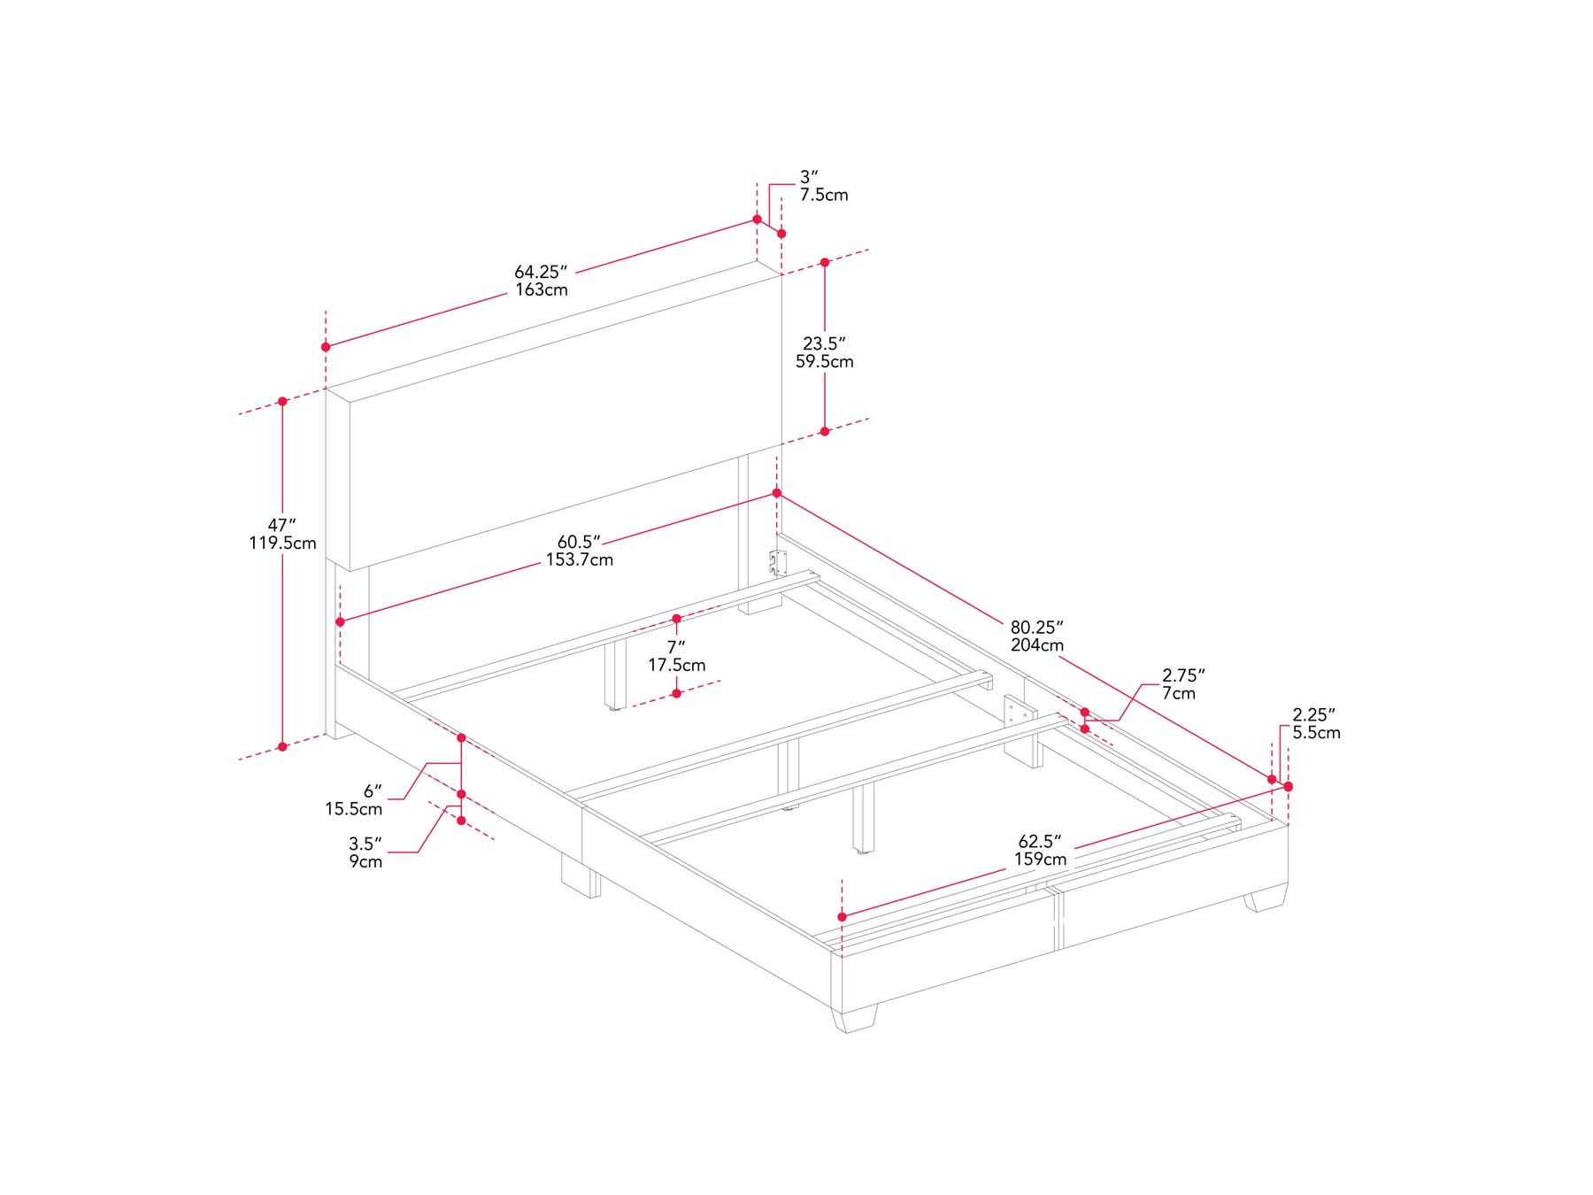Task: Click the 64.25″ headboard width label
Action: tap(541, 272)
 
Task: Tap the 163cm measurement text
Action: tap(542, 290)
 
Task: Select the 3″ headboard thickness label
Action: tap(809, 177)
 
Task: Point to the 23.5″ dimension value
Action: tap(824, 343)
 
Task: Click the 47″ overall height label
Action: tap(282, 526)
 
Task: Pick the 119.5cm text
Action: tap(282, 544)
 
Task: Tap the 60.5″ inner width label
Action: tap(579, 542)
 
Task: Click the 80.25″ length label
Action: tap(1037, 628)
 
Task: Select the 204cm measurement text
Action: tap(1037, 645)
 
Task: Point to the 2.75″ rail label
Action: tap(1183, 675)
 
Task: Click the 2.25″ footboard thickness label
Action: tap(1314, 714)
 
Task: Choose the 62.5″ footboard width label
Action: tap(1040, 841)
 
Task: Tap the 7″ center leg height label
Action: tap(676, 647)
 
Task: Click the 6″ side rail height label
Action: tap(373, 790)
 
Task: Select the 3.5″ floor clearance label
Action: tap(366, 844)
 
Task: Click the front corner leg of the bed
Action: tap(855, 1018)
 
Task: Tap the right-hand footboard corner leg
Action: tap(1266, 898)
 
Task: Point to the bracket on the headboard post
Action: tap(778, 564)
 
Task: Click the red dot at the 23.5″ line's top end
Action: tap(825, 263)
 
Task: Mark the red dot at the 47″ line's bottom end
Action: tap(282, 747)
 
